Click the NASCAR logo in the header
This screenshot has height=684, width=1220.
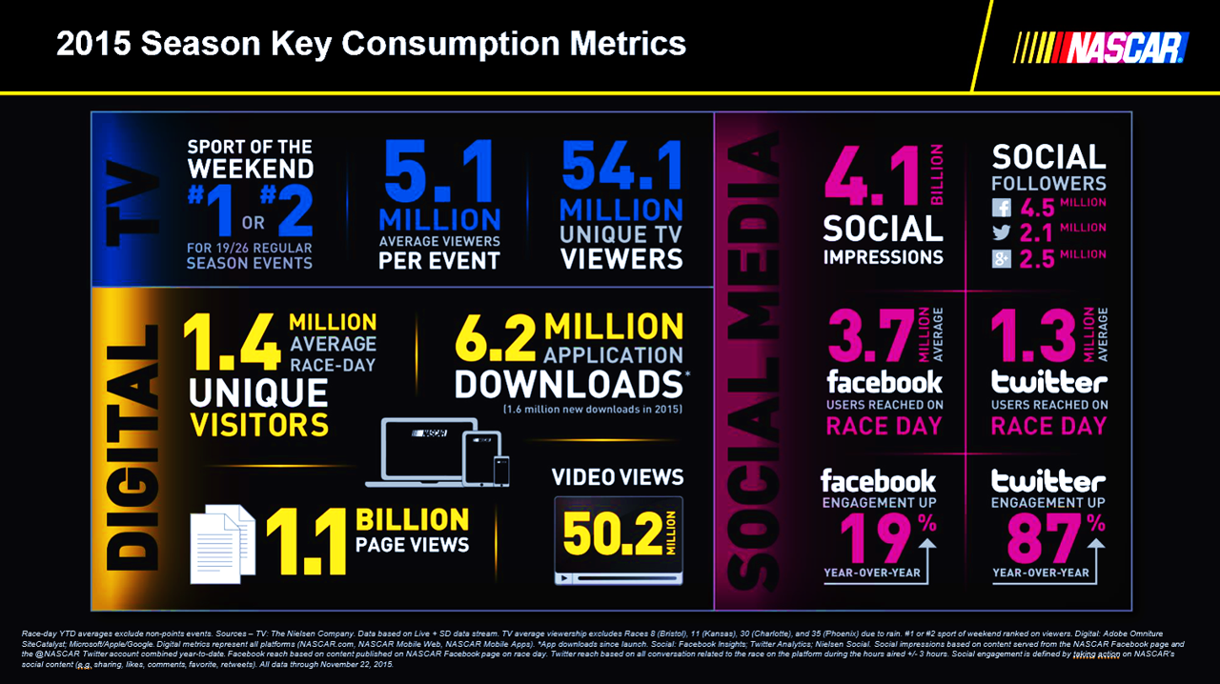(x=1103, y=47)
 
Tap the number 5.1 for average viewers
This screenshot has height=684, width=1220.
(x=439, y=171)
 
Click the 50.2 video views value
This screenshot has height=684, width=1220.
(x=612, y=535)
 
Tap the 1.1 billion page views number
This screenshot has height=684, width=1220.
(x=306, y=537)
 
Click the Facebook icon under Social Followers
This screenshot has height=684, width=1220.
(x=1002, y=207)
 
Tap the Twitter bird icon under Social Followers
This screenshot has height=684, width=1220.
(x=1002, y=232)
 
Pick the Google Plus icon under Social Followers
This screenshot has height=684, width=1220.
(x=1002, y=258)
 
